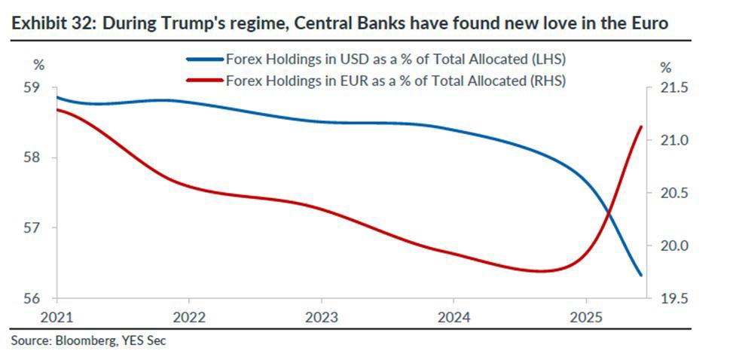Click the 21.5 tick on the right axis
673,88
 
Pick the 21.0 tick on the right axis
673,141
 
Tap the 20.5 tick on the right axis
673,194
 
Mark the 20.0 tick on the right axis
673,246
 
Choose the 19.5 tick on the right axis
673,299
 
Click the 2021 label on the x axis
57,317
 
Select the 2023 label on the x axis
322,317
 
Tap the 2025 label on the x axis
588,317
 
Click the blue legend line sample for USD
204,59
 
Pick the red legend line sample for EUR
204,78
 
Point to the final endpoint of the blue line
640,275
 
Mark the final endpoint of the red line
640,127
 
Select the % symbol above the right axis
665,67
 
